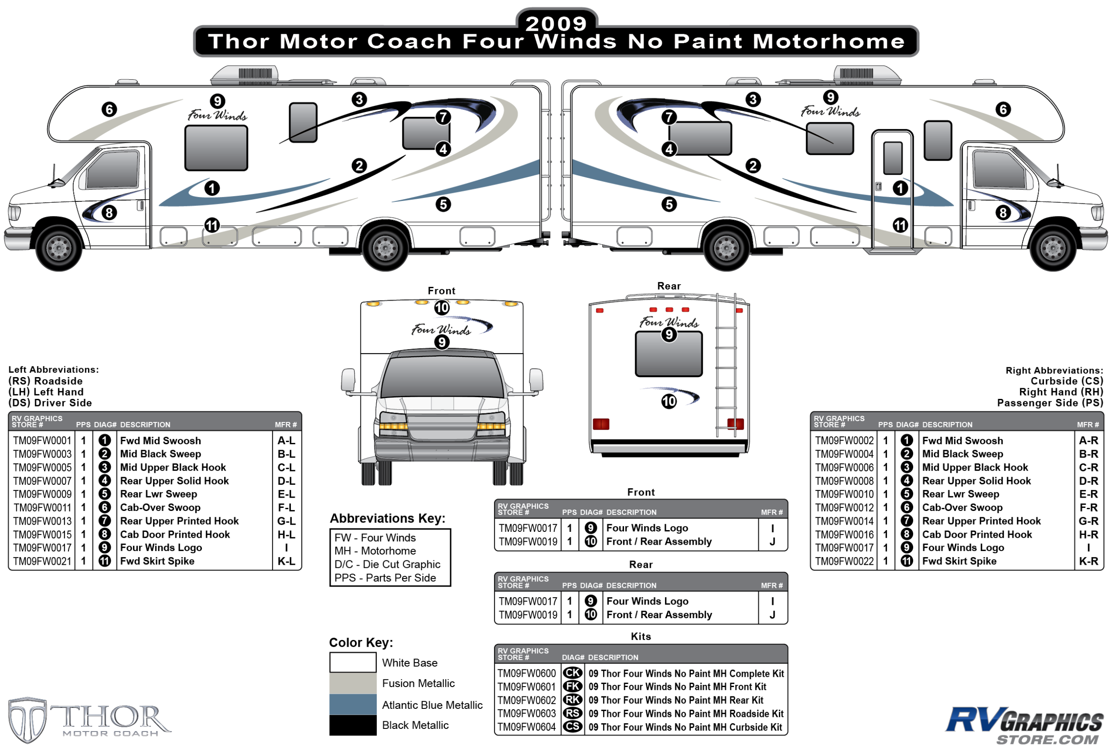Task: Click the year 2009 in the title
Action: tap(556, 24)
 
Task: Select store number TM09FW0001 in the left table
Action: tap(42, 441)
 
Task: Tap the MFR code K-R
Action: tap(1088, 561)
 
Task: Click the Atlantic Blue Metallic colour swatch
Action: tap(353, 705)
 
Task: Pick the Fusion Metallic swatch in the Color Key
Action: tap(353, 683)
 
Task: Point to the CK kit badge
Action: tap(572, 673)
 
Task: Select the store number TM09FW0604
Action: tap(526, 727)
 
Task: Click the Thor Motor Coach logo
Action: tap(89, 720)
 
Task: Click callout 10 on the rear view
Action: tap(669, 402)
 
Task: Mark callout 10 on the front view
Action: tap(442, 308)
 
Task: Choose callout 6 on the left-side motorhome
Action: tap(109, 109)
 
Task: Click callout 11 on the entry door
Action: tap(900, 225)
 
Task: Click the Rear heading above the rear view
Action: tap(669, 286)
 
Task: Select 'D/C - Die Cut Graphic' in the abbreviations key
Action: tap(387, 564)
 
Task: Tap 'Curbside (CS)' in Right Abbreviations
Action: tap(1067, 381)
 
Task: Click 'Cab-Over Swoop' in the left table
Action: tap(160, 507)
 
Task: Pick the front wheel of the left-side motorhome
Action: tap(59, 247)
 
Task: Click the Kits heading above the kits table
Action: tap(641, 637)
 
